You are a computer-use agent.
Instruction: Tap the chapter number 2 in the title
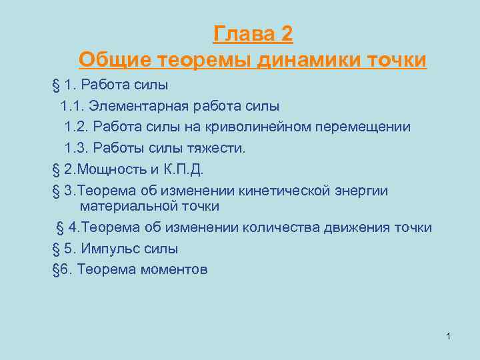coord(286,34)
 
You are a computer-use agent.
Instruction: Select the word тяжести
coord(219,148)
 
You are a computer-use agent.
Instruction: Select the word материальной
coord(125,207)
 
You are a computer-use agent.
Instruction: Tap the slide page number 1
coord(449,336)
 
